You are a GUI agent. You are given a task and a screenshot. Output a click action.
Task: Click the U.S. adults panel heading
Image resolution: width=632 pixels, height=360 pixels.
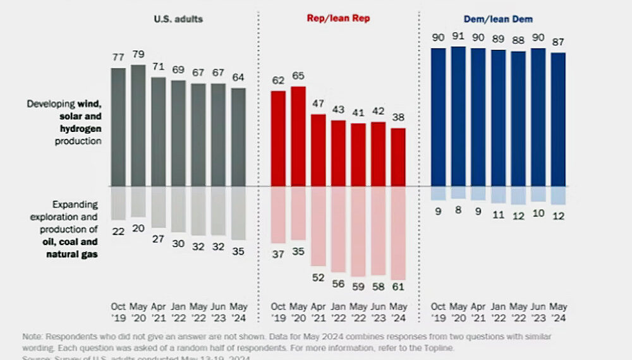pos(178,18)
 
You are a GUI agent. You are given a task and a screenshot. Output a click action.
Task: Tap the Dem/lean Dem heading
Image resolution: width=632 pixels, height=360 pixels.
pos(499,18)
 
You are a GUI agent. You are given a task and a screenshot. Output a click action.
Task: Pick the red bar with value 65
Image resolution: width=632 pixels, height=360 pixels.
pos(298,136)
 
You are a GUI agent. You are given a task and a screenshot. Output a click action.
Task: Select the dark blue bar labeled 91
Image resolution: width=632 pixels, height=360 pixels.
pos(458,116)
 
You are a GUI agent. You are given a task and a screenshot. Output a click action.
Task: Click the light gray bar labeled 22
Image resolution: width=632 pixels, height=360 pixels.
pos(118,203)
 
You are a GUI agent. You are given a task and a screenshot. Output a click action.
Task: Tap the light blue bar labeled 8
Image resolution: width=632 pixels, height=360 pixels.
pos(458,193)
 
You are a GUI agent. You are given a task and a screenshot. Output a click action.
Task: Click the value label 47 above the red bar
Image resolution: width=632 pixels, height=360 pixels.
pos(319,103)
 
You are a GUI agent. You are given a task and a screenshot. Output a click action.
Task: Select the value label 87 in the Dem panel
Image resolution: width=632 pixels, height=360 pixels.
pos(559,42)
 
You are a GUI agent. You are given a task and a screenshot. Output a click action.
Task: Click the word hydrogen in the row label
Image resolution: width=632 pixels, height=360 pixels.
pos(80,129)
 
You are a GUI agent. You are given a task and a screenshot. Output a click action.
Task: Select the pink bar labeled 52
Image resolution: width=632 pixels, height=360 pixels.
pos(319,226)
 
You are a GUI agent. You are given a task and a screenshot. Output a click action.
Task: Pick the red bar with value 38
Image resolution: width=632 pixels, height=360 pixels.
pos(399,157)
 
